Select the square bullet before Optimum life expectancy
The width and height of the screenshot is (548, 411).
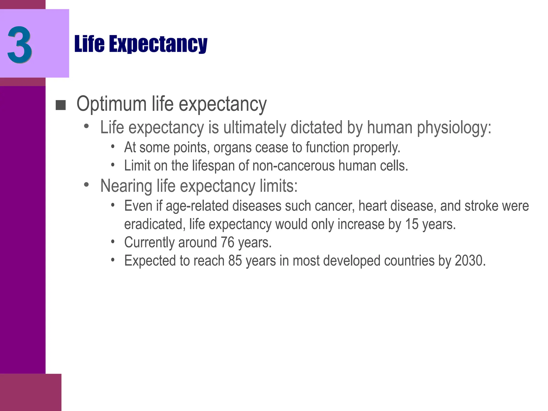(61, 105)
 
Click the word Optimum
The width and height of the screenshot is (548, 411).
(111, 104)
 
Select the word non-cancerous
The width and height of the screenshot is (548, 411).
(294, 166)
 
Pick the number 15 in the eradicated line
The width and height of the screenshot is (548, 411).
(411, 224)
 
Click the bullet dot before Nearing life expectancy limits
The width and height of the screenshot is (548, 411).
(86, 185)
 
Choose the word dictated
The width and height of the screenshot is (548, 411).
(316, 127)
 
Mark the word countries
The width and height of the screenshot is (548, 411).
(409, 261)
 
